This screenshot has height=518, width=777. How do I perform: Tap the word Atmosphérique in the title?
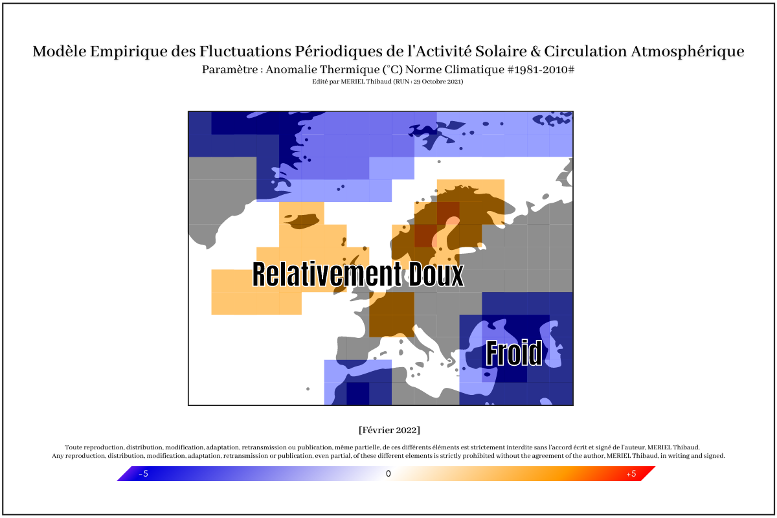(687, 52)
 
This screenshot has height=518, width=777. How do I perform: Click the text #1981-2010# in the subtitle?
(541, 69)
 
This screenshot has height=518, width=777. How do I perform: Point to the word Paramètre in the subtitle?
(230, 69)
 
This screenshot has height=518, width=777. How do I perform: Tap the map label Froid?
(513, 353)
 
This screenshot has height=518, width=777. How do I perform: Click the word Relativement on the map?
(327, 274)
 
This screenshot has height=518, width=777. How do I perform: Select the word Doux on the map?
(436, 274)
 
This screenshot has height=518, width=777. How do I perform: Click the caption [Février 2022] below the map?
(389, 430)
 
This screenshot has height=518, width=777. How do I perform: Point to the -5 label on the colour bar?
(144, 473)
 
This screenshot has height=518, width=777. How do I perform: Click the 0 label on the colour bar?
(388, 473)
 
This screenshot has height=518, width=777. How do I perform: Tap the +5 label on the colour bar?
(631, 473)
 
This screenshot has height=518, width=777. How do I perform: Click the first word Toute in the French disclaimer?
(73, 447)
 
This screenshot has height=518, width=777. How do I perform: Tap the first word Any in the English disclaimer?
(58, 456)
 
